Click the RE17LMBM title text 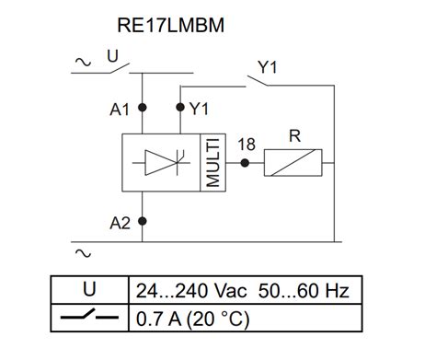[x=172, y=25]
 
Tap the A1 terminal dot [x=142, y=108]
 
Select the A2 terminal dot [x=142, y=222]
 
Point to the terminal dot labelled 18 [x=245, y=162]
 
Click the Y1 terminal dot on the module [x=180, y=108]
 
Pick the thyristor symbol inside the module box [x=161, y=162]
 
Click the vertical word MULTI [x=212, y=162]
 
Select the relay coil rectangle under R [x=293, y=163]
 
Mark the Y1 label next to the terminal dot [x=199, y=109]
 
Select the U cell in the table [x=88, y=291]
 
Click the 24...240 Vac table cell [x=243, y=291]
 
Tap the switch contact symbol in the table [x=88, y=319]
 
